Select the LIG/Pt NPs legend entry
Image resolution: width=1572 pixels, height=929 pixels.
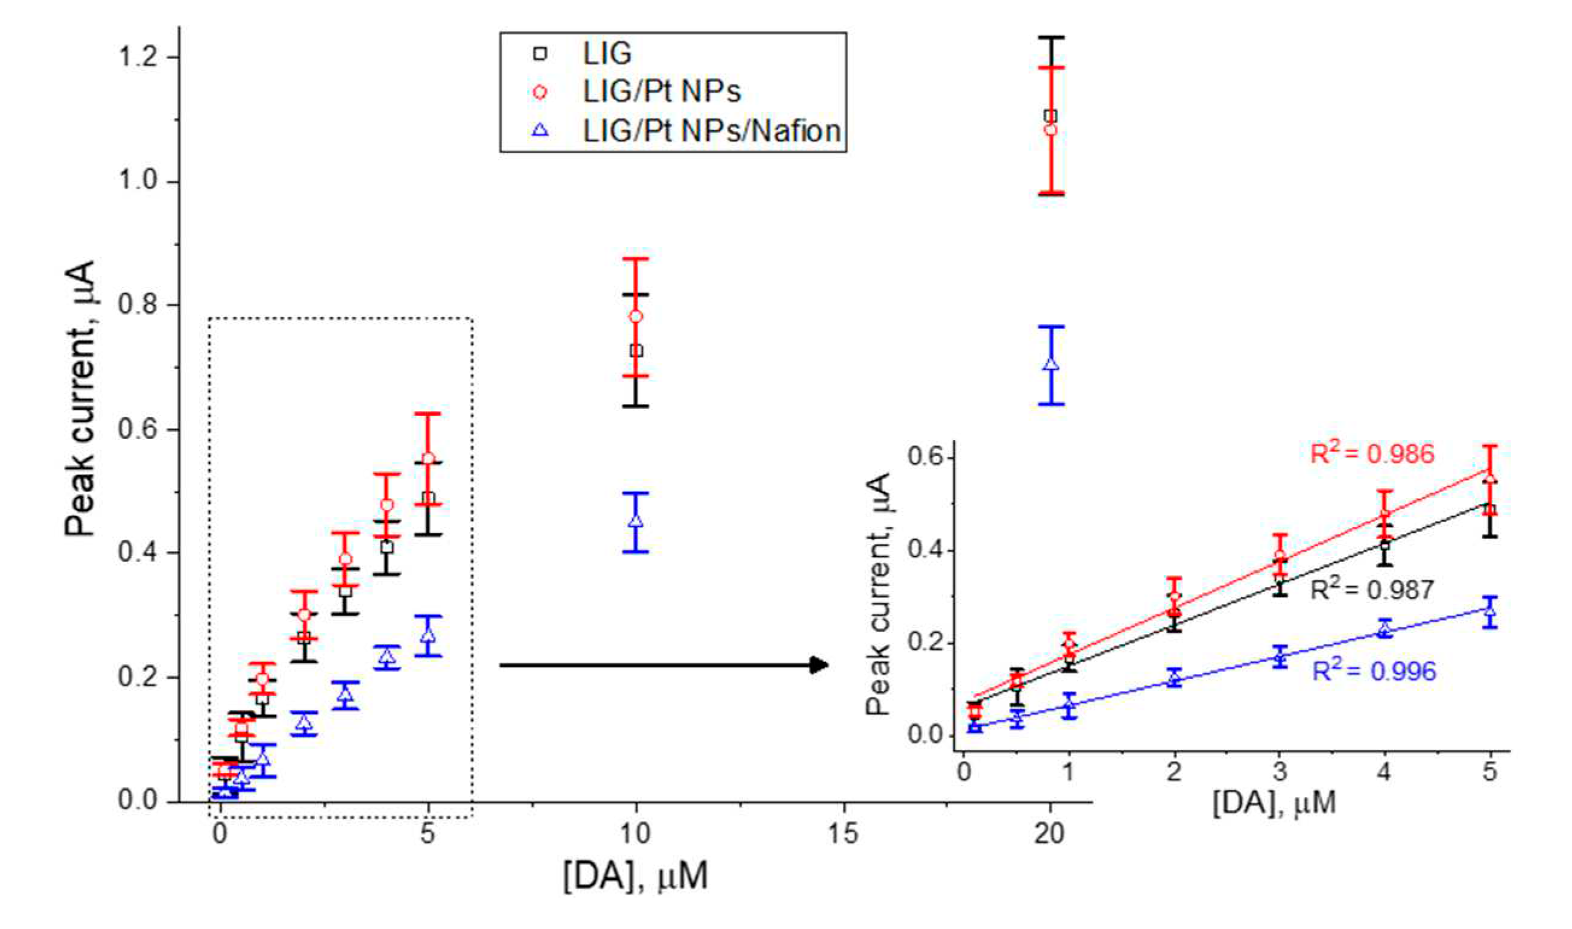(x=661, y=92)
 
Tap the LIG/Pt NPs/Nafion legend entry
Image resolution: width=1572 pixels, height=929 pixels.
(x=711, y=131)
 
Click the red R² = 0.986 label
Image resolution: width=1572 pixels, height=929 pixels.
(x=1372, y=454)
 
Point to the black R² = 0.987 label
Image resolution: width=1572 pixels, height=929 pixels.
(x=1372, y=590)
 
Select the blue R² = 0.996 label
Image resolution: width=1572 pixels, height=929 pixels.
(x=1374, y=672)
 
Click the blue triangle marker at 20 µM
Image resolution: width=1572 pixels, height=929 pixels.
(x=1051, y=364)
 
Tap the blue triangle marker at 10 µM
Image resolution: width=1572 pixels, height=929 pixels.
(x=636, y=520)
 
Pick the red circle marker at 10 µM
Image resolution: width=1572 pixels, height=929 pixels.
(x=636, y=316)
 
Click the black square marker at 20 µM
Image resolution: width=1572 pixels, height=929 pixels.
(x=1051, y=116)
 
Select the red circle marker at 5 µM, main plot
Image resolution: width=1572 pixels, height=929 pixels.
(x=428, y=459)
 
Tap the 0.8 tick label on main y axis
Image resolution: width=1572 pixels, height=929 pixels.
(x=139, y=306)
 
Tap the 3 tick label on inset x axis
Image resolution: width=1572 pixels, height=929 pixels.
(x=1280, y=771)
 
